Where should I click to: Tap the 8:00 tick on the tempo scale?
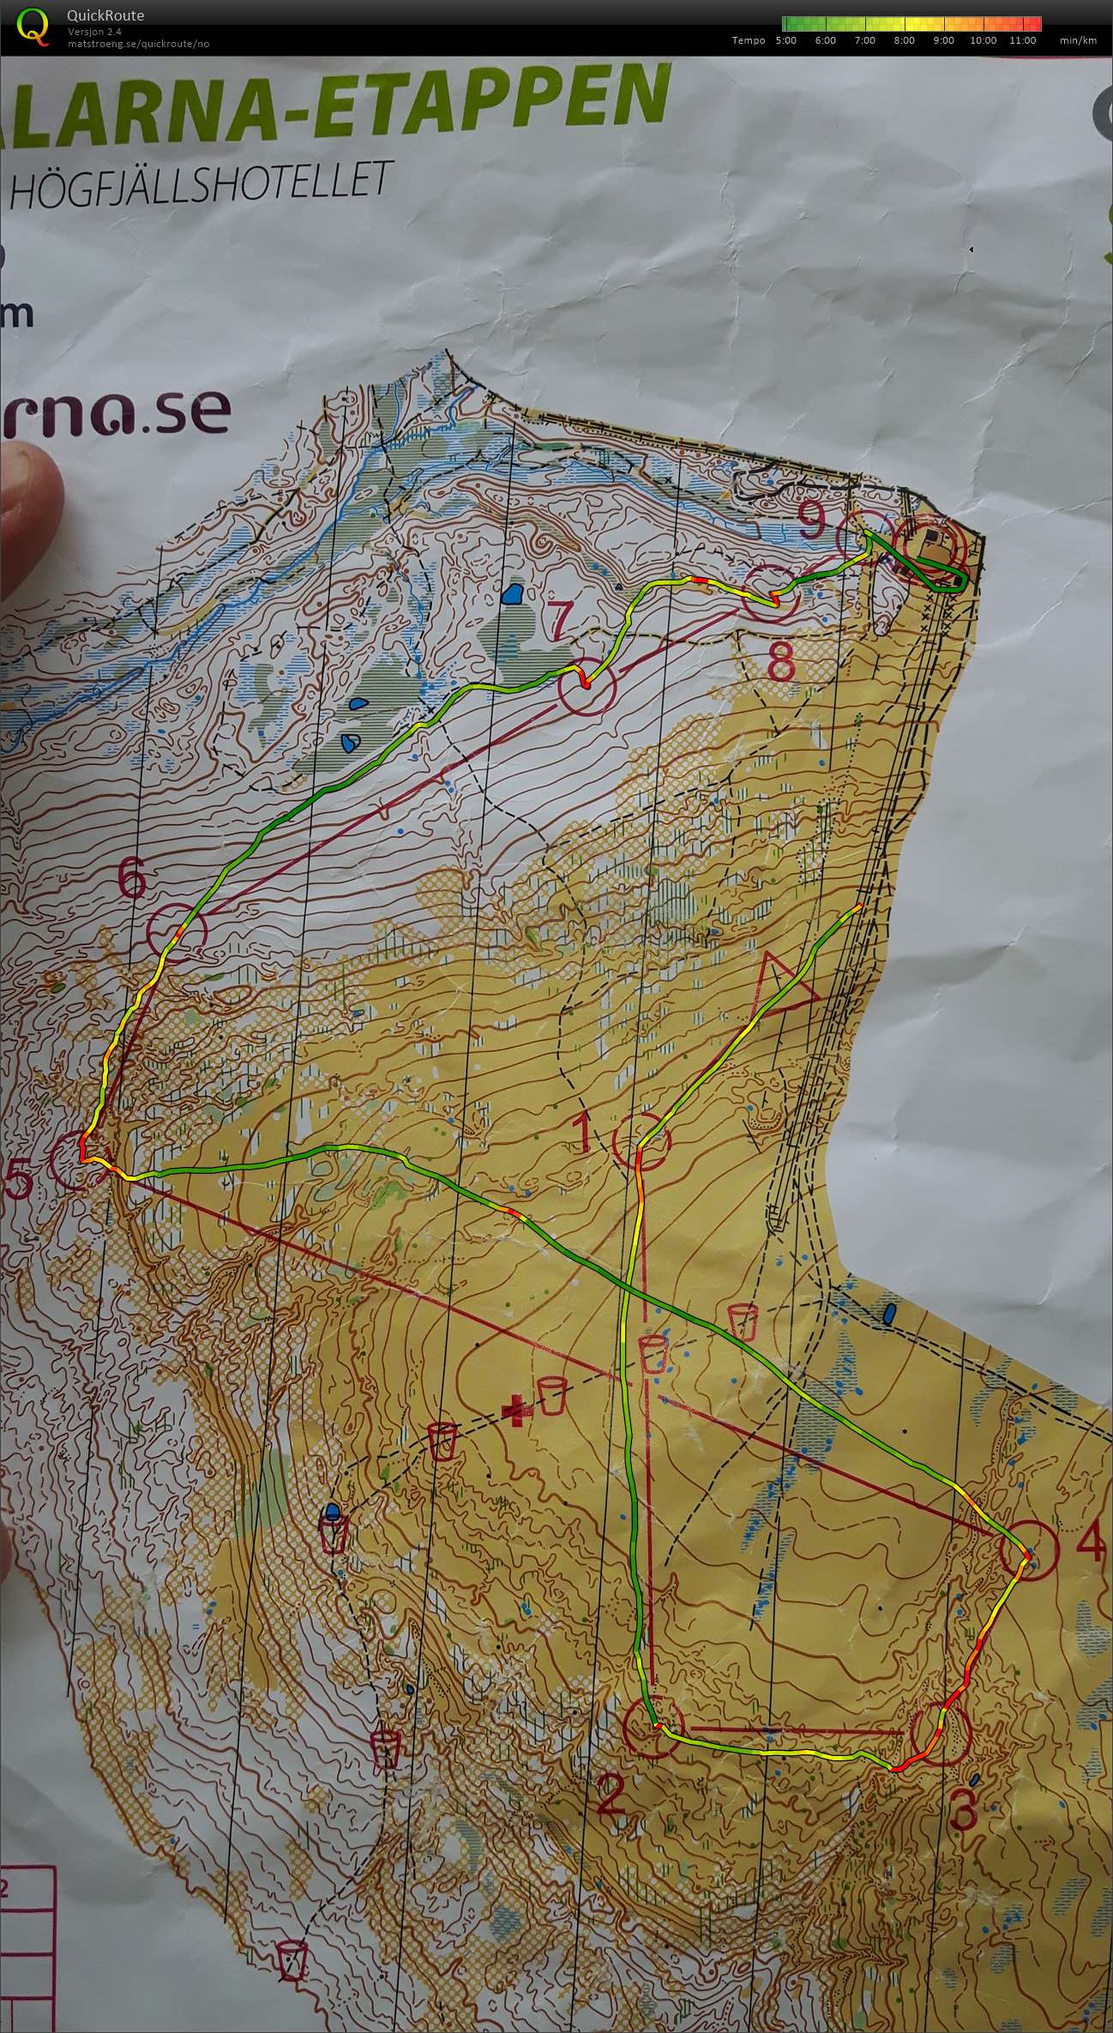904,40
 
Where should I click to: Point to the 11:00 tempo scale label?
1022,40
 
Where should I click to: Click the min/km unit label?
1078,40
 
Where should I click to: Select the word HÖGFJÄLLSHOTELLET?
196,182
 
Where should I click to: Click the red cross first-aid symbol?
515,1410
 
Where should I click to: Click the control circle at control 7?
587,687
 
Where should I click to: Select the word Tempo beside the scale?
748,40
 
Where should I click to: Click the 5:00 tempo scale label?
785,40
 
